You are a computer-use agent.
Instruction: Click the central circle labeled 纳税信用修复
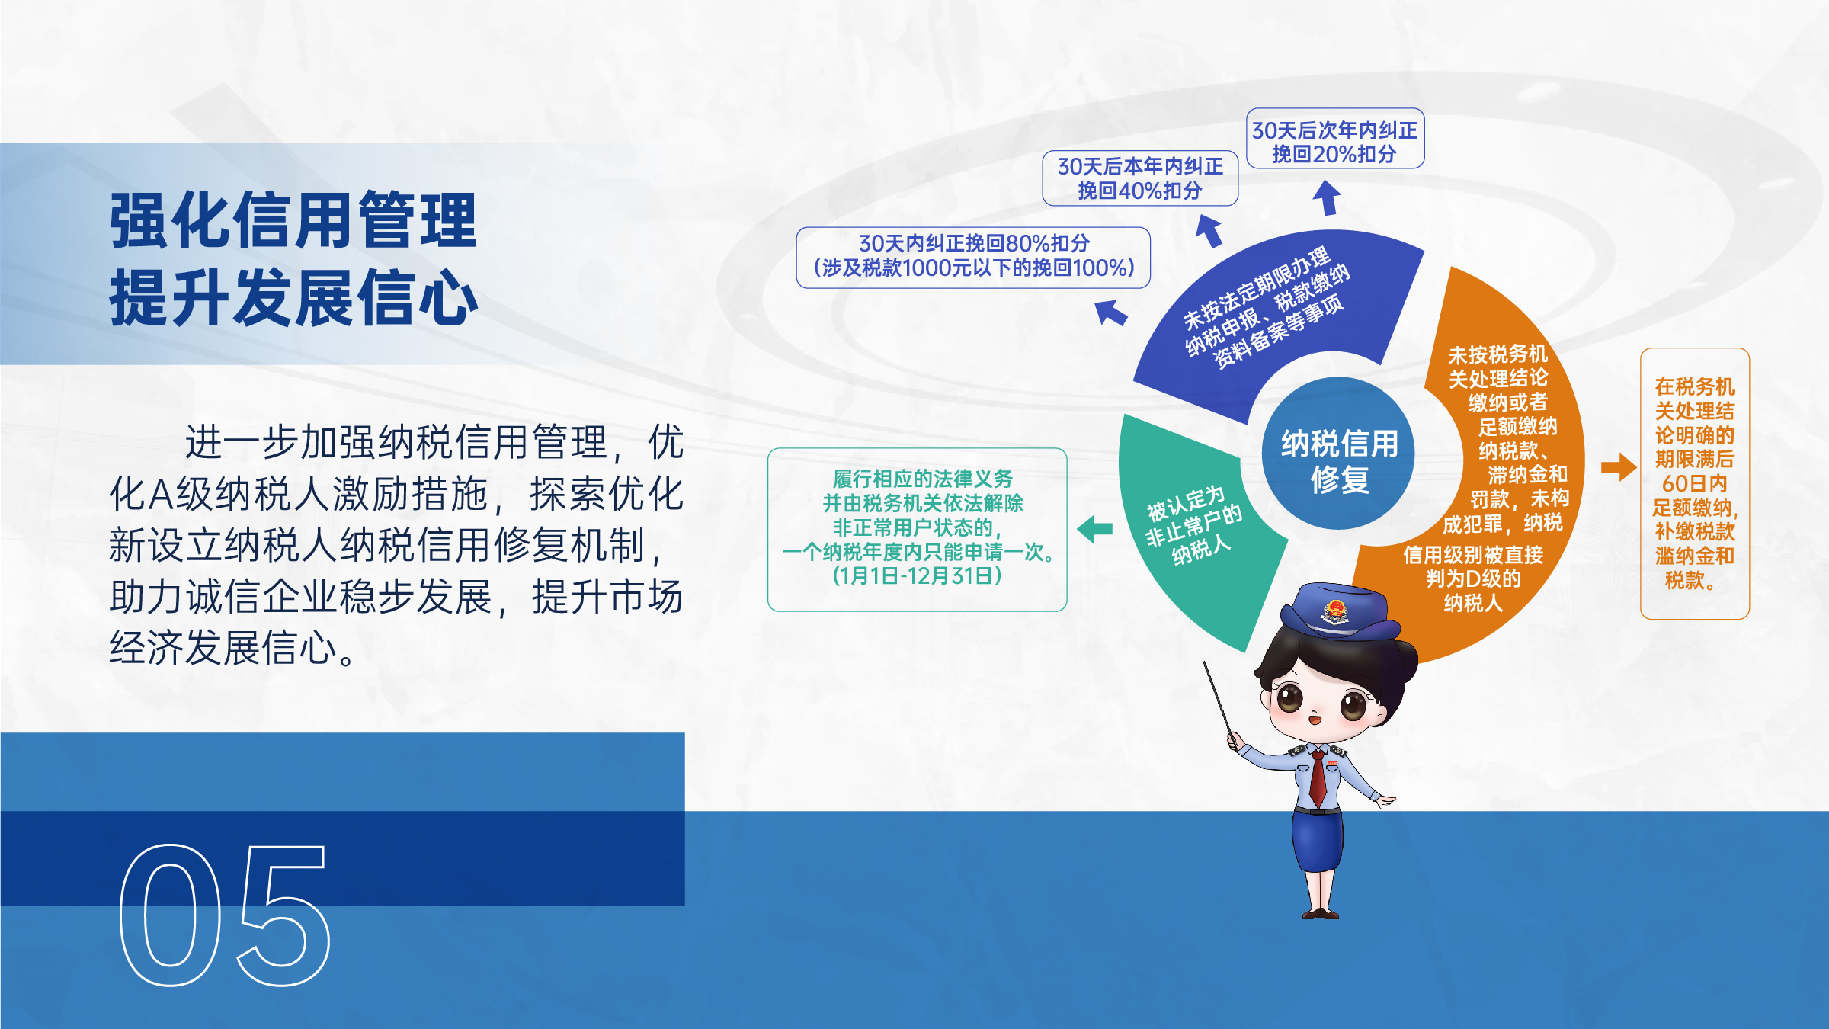tap(1338, 453)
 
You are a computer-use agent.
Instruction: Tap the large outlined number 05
tap(225, 915)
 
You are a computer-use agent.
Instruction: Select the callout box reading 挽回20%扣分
tap(1335, 138)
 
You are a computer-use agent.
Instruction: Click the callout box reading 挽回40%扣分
tap(1140, 178)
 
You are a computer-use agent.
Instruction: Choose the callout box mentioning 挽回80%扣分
tap(973, 258)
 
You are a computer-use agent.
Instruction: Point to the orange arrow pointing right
tap(1619, 466)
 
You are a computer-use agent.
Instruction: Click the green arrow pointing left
tap(1094, 529)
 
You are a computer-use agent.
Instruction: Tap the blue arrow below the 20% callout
tap(1327, 197)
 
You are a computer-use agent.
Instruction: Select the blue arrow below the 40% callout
tap(1209, 230)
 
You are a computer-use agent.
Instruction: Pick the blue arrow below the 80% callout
tap(1111, 312)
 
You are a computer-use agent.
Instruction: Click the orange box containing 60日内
tap(1695, 483)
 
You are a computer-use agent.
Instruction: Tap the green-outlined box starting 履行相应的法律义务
tap(918, 529)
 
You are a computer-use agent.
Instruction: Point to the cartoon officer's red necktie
tap(1318, 777)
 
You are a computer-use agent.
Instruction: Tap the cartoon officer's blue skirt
tap(1318, 842)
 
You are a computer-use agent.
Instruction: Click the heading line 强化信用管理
tap(293, 220)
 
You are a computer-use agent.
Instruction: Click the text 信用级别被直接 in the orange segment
tap(1473, 555)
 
